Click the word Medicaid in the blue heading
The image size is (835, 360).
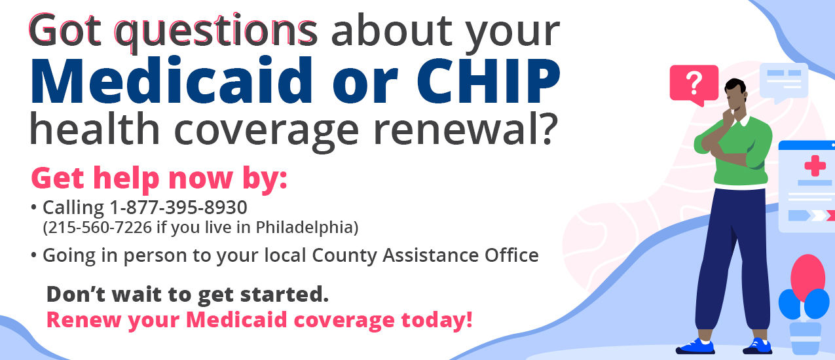click(171, 80)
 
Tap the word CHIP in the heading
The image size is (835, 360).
click(489, 80)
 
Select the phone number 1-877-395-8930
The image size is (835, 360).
click(179, 207)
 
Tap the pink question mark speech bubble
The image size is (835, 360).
click(694, 84)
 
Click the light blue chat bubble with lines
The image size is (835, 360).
click(784, 82)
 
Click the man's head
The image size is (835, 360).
click(735, 95)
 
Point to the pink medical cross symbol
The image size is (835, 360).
click(815, 166)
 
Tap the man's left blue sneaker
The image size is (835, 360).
click(696, 346)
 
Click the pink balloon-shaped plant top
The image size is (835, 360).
click(807, 276)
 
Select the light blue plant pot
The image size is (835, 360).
click(805, 338)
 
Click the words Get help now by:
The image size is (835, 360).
click(159, 179)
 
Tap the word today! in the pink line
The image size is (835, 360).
click(437, 320)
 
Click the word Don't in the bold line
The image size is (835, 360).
click(76, 294)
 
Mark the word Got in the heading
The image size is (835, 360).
click(65, 30)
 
